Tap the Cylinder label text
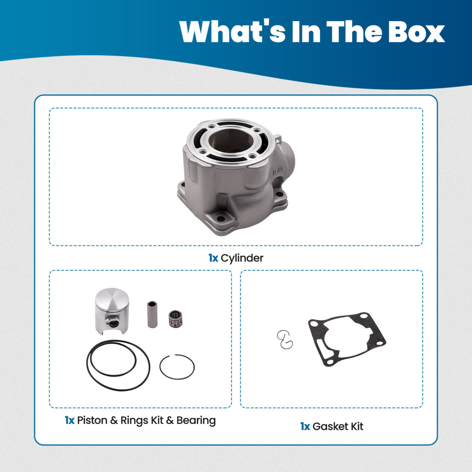click(242, 258)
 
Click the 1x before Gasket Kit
click(305, 426)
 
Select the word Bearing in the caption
click(196, 420)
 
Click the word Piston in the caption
click(92, 420)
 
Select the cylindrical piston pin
click(153, 313)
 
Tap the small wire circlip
click(285, 338)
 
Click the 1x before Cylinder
click(213, 258)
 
